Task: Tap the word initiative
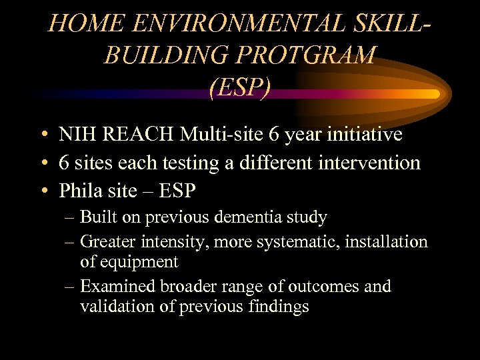pyautogui.click(x=363, y=135)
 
